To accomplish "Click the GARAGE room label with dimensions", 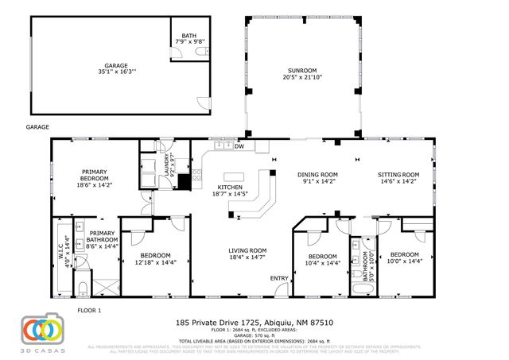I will pos(116,69).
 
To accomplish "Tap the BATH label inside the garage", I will pos(188,38).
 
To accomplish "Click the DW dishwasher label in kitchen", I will pos(239,146).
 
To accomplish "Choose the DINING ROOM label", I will pos(317,177).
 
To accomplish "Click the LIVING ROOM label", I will pos(247,254).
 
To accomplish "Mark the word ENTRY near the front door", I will pos(279,277).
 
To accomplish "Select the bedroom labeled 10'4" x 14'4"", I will pos(323,258).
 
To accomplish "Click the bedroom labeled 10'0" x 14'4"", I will pos(403,258).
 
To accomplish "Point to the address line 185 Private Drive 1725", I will pos(254,323).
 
